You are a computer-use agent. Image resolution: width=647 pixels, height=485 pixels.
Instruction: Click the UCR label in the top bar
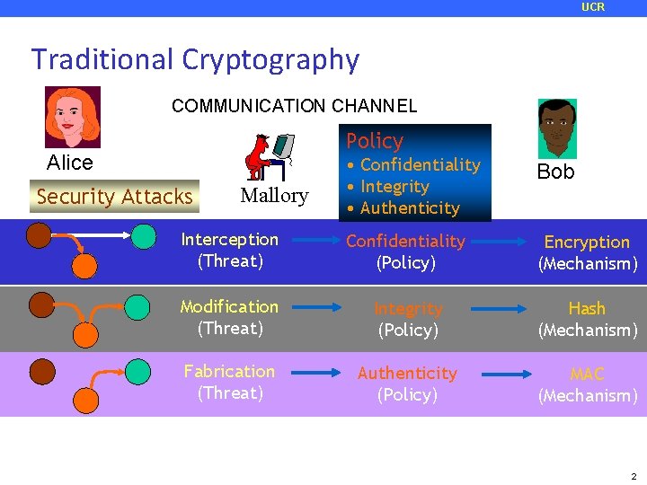tap(593, 7)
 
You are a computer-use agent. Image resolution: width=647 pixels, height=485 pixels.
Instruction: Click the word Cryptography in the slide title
tap(270, 59)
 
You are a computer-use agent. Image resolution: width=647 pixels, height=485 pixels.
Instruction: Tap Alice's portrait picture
tap(73, 117)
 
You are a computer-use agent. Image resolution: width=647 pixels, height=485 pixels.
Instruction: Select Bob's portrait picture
tap(557, 128)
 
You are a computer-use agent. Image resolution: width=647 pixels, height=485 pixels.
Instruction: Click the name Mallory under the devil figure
tap(274, 196)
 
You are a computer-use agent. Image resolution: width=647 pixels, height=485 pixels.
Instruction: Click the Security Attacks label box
tap(115, 196)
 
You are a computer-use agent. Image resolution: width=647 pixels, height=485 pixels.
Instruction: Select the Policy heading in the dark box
tap(375, 141)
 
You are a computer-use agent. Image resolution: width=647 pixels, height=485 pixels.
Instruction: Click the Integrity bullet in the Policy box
tap(394, 187)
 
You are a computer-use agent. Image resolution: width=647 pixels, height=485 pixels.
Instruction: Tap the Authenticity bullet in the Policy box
tap(409, 208)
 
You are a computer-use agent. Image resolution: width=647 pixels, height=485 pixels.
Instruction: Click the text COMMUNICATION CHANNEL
tap(294, 106)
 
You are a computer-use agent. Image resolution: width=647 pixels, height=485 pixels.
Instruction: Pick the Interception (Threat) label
tap(230, 251)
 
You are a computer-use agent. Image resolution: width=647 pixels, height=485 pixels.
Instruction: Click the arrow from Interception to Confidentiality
tap(312, 242)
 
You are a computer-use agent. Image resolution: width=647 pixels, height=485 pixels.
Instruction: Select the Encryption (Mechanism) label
tap(587, 252)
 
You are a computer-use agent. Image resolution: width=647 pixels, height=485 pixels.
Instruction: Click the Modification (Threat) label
tap(229, 317)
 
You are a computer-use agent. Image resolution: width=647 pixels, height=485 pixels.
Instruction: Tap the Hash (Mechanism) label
tap(587, 319)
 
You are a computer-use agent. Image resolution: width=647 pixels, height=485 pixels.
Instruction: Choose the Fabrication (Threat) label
tap(229, 382)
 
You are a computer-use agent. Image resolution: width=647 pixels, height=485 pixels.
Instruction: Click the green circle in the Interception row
tap(142, 237)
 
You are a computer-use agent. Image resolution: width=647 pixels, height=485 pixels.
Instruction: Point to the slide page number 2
tap(633, 475)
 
